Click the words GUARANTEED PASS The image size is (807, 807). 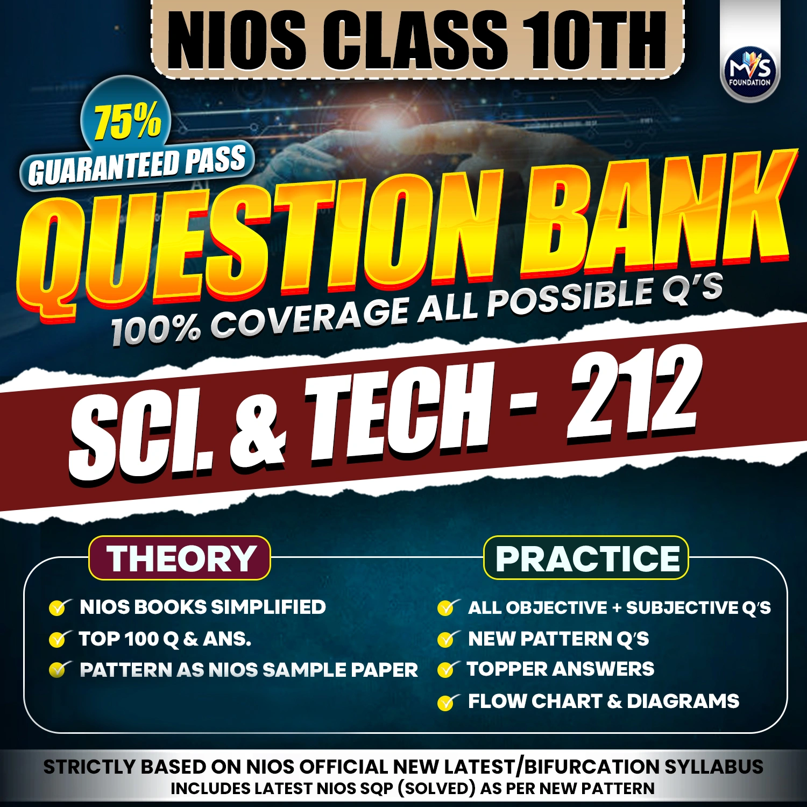[137, 166]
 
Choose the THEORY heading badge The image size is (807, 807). [180, 558]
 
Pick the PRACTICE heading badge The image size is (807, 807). [586, 558]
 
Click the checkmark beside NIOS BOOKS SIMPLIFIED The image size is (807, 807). [58, 608]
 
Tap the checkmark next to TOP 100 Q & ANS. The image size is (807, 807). [58, 639]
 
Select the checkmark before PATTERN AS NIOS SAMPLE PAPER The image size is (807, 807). [58, 670]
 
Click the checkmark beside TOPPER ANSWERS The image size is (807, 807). [447, 670]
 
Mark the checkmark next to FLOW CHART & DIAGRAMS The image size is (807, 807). [447, 702]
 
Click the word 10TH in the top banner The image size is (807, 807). [594, 40]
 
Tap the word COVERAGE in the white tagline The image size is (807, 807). [309, 318]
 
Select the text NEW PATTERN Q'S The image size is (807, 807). [558, 639]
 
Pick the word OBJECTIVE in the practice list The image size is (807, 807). [556, 608]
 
